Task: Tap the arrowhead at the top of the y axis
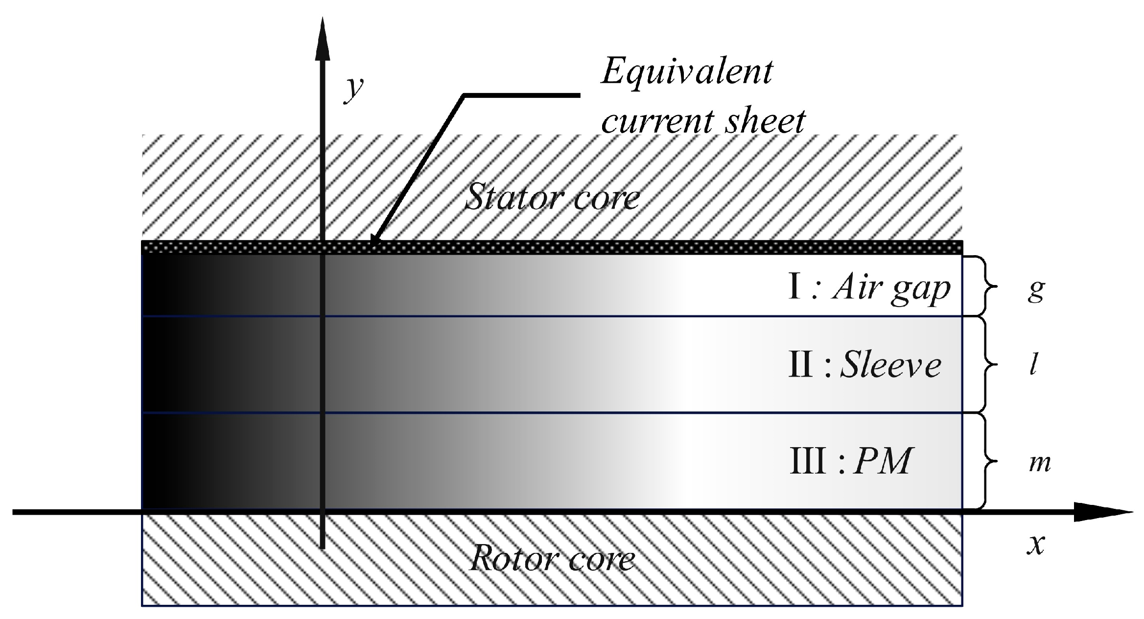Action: (322, 37)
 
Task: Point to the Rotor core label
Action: (552, 558)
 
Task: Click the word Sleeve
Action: (890, 365)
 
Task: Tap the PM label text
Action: (882, 461)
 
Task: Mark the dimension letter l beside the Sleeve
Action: (1033, 365)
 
